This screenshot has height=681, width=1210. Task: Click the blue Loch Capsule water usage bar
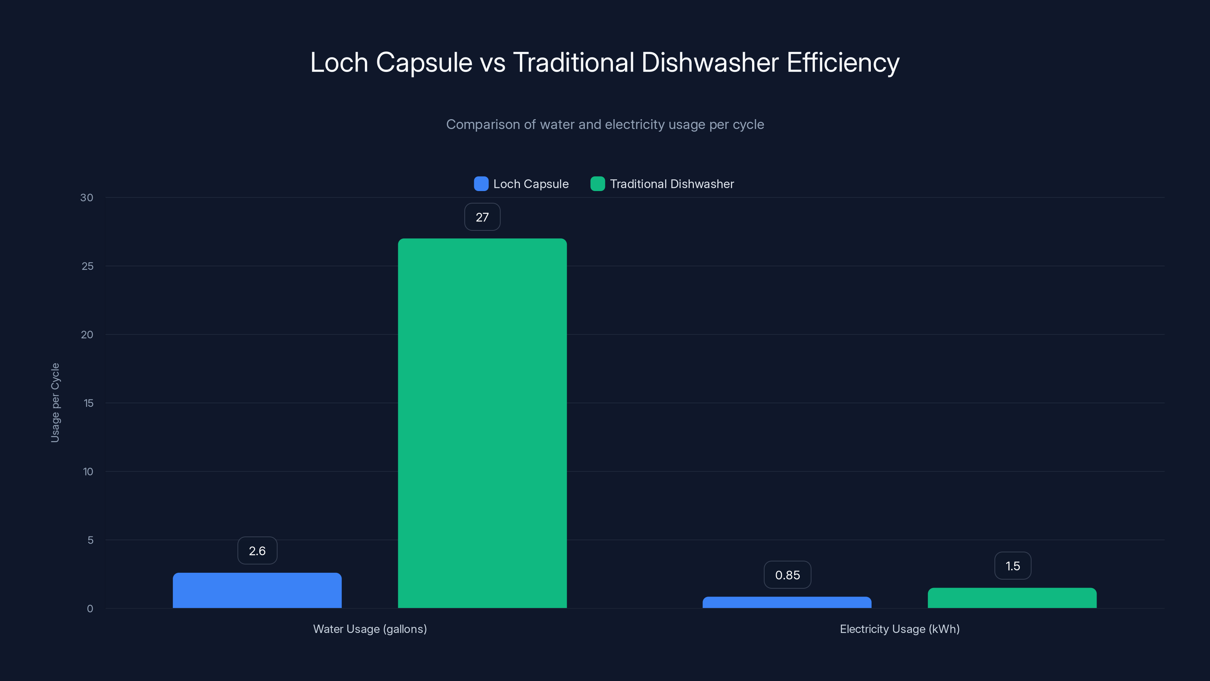(257, 590)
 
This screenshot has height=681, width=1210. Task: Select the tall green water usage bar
(482, 423)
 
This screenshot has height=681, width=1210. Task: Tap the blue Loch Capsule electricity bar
(787, 603)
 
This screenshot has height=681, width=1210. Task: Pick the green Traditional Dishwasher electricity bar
(1012, 598)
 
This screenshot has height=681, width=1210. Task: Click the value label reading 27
(482, 217)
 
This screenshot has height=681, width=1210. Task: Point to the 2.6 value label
(257, 551)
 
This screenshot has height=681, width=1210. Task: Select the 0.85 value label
(787, 575)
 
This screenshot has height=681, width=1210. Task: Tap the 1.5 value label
(1012, 566)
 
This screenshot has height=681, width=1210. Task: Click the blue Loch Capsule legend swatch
(481, 184)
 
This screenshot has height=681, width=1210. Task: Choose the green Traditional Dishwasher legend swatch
(597, 184)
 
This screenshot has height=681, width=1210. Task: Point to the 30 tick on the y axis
(87, 198)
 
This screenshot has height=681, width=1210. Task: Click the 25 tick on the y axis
(87, 266)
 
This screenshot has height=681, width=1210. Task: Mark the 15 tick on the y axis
(88, 403)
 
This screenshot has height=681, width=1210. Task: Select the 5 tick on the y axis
(90, 540)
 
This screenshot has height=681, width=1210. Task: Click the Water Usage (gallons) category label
(370, 629)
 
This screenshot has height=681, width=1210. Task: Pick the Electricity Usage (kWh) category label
(900, 629)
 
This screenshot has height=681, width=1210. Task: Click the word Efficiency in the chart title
(843, 62)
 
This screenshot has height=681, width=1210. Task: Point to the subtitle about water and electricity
(605, 124)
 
